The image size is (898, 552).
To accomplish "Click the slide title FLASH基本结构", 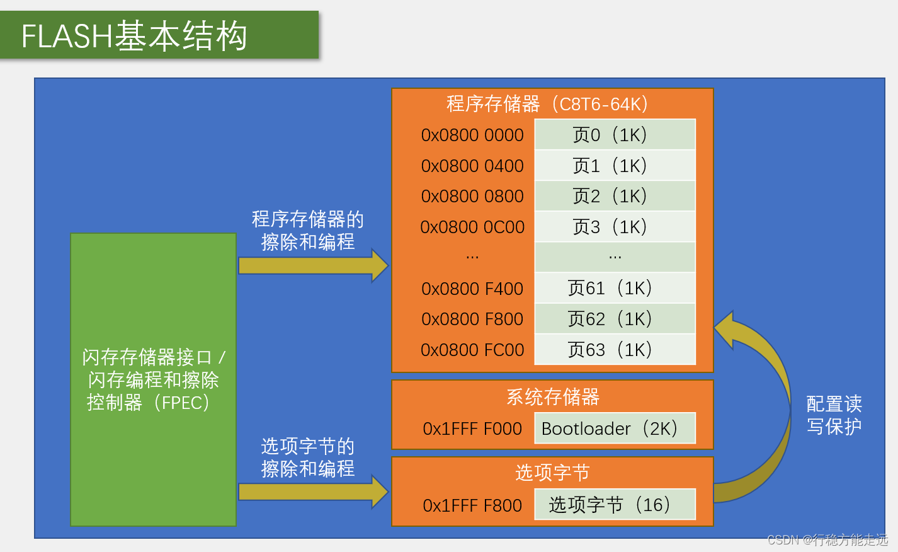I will pyautogui.click(x=134, y=36).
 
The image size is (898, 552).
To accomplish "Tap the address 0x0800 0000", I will pyautogui.click(x=472, y=135).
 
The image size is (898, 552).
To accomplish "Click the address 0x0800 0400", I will pyautogui.click(x=472, y=166).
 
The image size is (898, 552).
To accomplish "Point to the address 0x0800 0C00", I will pyautogui.click(x=472, y=227).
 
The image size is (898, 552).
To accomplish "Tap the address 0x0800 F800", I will pyautogui.click(x=472, y=319).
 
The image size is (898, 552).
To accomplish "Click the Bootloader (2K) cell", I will pyautogui.click(x=615, y=428).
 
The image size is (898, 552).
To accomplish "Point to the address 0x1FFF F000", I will pyautogui.click(x=472, y=428).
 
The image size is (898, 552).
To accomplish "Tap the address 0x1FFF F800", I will pyautogui.click(x=472, y=505).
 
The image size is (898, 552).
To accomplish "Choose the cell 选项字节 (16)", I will pyautogui.click(x=615, y=505).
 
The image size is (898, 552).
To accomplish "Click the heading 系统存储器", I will pyautogui.click(x=552, y=397).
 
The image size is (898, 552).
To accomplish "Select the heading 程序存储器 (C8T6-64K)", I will pyautogui.click(x=547, y=104).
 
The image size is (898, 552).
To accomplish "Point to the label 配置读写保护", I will pyautogui.click(x=834, y=415).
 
